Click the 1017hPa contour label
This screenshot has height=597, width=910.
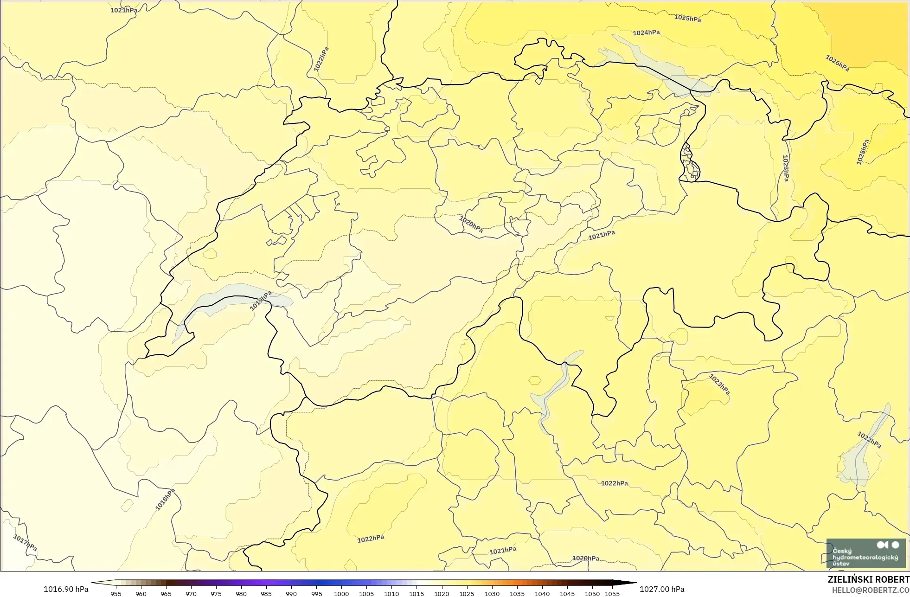[x=25, y=543]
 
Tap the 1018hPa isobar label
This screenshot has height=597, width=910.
[x=165, y=500]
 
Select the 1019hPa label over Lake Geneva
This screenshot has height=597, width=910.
[x=261, y=301]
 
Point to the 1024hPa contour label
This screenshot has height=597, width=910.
[x=646, y=33]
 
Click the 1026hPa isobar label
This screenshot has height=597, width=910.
[x=837, y=63]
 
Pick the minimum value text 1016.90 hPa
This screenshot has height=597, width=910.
[x=66, y=589]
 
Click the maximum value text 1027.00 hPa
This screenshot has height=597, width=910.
[x=662, y=589]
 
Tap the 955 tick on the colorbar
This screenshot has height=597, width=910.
[x=116, y=593]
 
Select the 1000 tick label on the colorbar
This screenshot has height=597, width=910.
[x=341, y=593]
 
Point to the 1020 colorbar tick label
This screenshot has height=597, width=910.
[x=442, y=593]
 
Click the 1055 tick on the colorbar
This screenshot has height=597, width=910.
[x=612, y=593]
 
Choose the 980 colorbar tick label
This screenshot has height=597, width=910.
[x=241, y=593]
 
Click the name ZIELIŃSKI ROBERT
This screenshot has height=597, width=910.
[x=868, y=579]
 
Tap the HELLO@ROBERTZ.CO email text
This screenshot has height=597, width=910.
[x=870, y=590]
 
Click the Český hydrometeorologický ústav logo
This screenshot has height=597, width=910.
[x=865, y=553]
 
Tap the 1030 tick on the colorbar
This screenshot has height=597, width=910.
[x=492, y=593]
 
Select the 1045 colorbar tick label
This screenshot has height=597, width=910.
[x=567, y=593]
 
